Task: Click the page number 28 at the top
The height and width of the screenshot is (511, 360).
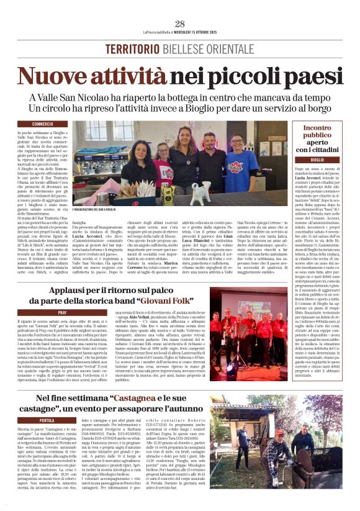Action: (179, 24)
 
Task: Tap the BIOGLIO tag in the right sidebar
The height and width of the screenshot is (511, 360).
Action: (317, 160)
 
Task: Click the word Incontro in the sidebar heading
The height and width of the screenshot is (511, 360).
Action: (317, 127)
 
